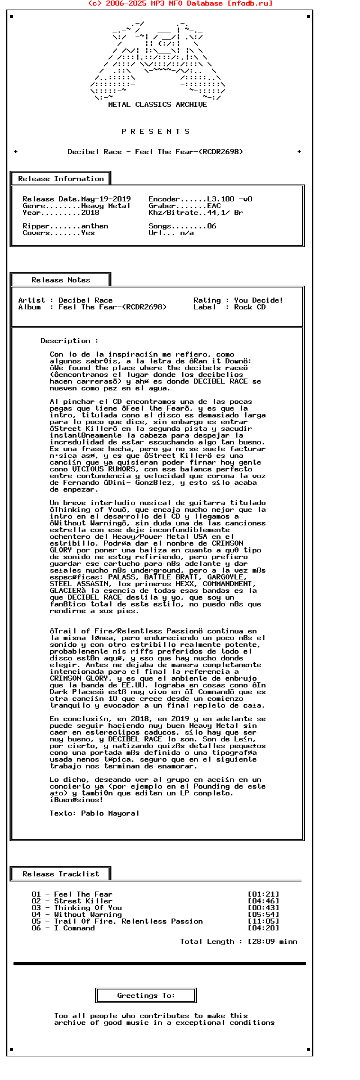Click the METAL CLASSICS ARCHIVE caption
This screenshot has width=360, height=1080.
point(157,105)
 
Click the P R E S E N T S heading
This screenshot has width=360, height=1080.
point(156,132)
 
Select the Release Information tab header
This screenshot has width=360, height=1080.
point(61,179)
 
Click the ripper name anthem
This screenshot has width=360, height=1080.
point(94,226)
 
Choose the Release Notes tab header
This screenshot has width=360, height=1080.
point(61,280)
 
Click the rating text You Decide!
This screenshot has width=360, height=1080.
point(259,300)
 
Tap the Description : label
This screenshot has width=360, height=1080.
point(69,341)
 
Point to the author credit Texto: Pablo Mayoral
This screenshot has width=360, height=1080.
point(94,813)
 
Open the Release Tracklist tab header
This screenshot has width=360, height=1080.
point(61,874)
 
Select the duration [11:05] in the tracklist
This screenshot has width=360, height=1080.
point(263,921)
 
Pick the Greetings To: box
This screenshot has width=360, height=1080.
point(146,996)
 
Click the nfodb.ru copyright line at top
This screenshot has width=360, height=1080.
point(180,3)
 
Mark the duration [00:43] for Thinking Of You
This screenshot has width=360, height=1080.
point(263,908)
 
